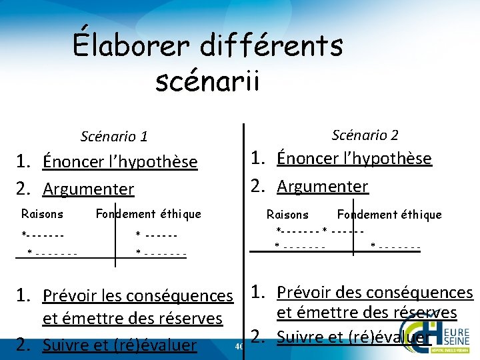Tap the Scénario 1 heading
tap(114, 137)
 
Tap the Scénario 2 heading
tap(365, 135)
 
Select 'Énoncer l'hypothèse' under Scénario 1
tap(120, 162)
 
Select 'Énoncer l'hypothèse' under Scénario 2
tap(354, 159)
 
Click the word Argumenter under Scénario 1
tap(88, 189)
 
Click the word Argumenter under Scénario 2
tap(322, 186)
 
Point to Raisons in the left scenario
tap(42, 214)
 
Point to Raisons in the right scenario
tap(287, 215)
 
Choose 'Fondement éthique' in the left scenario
tap(148, 214)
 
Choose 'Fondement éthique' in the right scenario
tap(389, 215)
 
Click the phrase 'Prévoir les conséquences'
tap(137, 295)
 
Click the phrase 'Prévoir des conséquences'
tap(375, 292)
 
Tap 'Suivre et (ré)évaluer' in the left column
tap(119, 345)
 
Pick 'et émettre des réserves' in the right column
tap(367, 313)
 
